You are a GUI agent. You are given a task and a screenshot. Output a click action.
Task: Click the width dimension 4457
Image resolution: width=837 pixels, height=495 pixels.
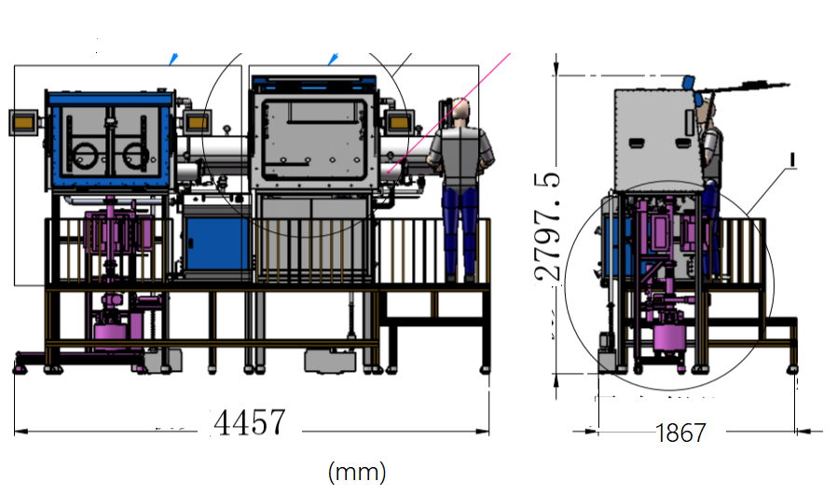click(x=250, y=422)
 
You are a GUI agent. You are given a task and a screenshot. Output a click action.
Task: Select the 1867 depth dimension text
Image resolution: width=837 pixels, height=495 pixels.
click(x=680, y=433)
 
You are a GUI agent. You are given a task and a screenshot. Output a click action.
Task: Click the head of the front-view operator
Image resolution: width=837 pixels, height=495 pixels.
click(x=462, y=113)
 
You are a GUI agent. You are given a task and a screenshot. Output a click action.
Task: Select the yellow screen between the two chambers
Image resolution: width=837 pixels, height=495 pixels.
click(x=197, y=121)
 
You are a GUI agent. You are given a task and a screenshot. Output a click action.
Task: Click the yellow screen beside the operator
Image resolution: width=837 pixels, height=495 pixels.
click(x=402, y=121)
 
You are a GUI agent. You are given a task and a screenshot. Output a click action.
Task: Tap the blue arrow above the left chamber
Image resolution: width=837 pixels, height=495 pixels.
click(x=172, y=60)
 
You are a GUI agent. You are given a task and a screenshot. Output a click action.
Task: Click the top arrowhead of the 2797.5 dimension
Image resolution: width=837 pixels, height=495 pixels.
click(x=556, y=65)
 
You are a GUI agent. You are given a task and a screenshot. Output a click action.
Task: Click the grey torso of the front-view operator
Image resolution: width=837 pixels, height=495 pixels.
click(x=462, y=149)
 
